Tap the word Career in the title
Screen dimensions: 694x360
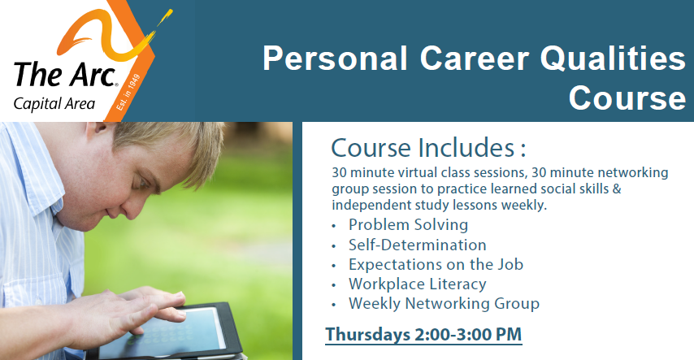(475, 58)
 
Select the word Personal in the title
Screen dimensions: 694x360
(335, 58)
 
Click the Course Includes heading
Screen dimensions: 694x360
(428, 147)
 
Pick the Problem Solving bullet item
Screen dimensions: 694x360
(408, 225)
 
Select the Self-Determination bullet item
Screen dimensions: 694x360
(418, 245)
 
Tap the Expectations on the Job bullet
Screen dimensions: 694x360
(436, 264)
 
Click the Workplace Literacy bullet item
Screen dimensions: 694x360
(418, 284)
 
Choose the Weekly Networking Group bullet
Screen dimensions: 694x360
(444, 304)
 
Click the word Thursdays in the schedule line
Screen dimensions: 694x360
(368, 335)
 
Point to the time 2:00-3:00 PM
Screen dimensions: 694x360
(468, 334)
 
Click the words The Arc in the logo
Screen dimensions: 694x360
(65, 74)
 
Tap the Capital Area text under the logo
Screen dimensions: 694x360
(54, 104)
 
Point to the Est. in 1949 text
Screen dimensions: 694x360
(128, 93)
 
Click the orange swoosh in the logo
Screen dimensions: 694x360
(111, 36)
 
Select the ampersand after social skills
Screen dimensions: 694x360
(617, 189)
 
